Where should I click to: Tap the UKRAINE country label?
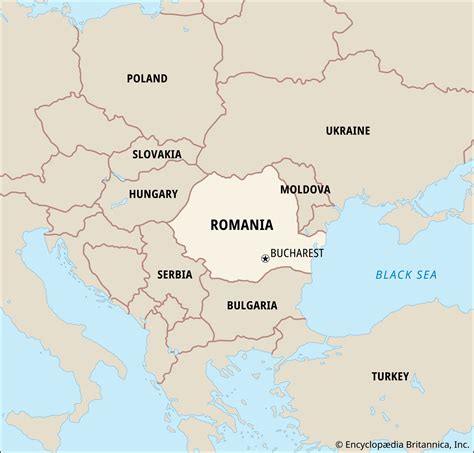coord(347,130)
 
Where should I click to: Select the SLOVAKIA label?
coord(157,154)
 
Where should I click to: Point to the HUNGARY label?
coord(153,194)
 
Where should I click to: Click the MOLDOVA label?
coord(305,188)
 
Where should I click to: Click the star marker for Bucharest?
coord(265,258)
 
